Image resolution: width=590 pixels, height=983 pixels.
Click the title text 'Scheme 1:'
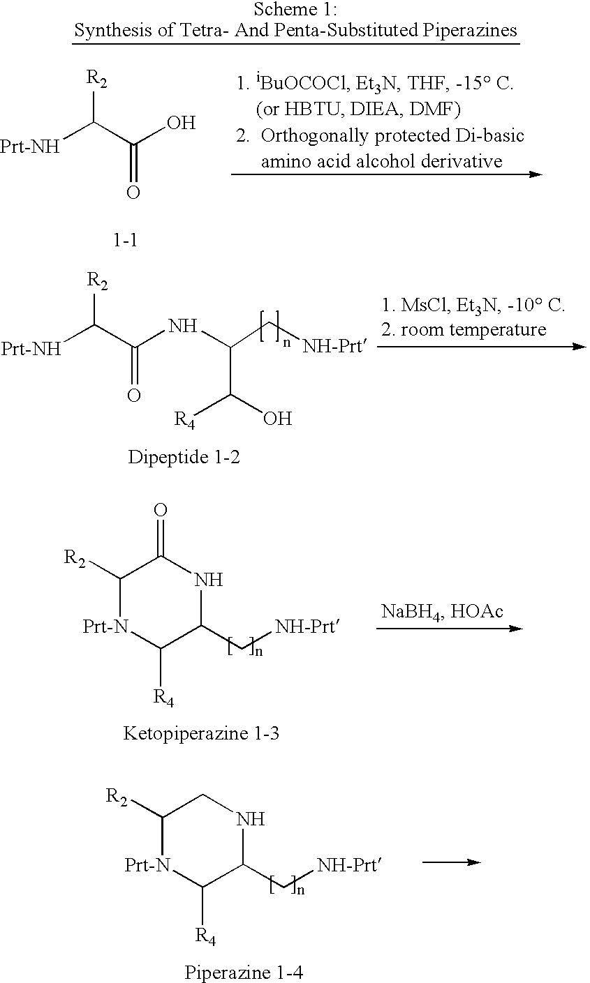[x=295, y=10]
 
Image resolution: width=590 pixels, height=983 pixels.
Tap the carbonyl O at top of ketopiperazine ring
[x=161, y=510]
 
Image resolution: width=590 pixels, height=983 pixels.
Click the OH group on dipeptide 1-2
[x=276, y=419]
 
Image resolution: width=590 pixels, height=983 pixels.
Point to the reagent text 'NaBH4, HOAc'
[x=442, y=611]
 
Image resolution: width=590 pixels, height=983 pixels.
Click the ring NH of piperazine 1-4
[x=251, y=819]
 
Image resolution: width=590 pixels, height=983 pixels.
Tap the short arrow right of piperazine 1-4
[x=451, y=862]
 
